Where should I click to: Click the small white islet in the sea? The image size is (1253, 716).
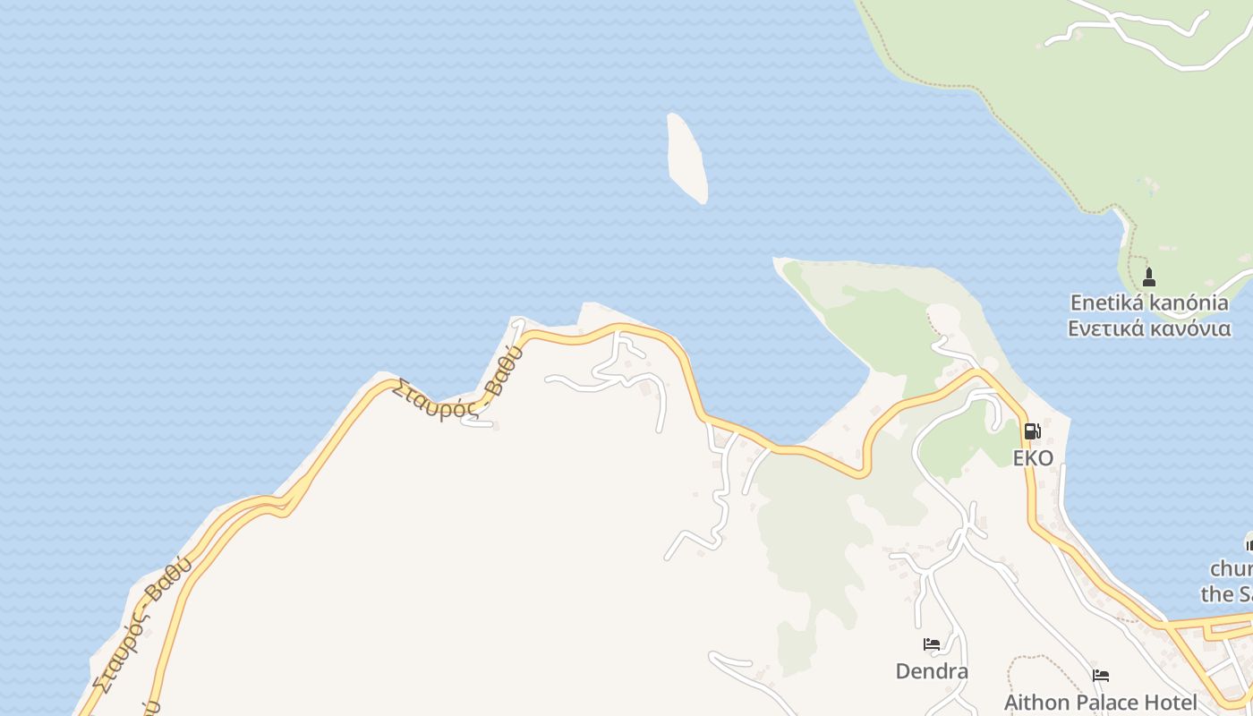[x=686, y=158]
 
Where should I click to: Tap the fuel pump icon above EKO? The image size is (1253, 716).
[x=1032, y=431]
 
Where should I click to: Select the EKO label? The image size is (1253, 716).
[x=1033, y=458]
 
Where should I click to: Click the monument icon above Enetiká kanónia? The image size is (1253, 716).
[x=1149, y=277]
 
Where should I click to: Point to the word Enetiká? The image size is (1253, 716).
[x=1106, y=303]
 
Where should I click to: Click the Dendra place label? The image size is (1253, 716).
[x=932, y=670]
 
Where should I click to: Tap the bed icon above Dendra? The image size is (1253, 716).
[x=932, y=644]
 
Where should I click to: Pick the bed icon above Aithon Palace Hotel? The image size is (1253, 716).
[x=1101, y=676]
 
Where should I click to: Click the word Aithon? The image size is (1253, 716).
[x=1035, y=703]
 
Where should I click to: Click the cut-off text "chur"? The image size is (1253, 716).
[x=1232, y=569]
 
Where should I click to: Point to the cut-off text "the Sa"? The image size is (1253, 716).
[x=1227, y=593]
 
